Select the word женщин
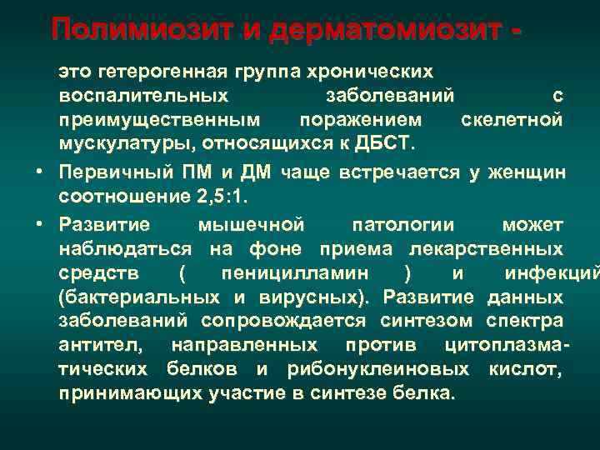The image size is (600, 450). click(x=526, y=172)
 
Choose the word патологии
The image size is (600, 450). click(x=403, y=225)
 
